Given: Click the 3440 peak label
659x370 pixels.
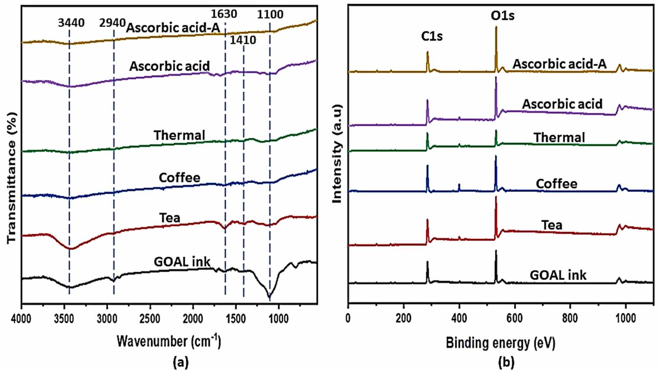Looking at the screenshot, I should click(x=71, y=23).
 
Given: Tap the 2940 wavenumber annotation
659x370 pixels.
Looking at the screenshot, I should click(x=112, y=23).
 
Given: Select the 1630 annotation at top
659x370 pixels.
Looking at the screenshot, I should click(x=224, y=14).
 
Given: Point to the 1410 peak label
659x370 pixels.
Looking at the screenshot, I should click(x=243, y=40).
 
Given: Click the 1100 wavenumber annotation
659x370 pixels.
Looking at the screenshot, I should click(x=270, y=15).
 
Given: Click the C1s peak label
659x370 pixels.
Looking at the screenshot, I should click(x=432, y=36).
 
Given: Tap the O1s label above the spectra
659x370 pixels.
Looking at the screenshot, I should click(x=502, y=16).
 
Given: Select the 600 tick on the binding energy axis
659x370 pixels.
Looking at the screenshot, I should click(x=515, y=318).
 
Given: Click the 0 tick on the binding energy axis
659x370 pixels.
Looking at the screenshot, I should click(x=348, y=318).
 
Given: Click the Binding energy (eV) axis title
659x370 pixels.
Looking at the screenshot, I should click(x=500, y=343).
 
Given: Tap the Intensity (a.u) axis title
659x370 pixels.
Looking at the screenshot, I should click(x=337, y=154).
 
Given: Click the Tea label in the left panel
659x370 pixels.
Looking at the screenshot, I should click(x=169, y=218).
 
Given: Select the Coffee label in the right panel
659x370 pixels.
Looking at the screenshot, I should click(x=557, y=184).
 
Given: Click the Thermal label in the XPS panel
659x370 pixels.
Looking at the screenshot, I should click(x=559, y=138).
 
